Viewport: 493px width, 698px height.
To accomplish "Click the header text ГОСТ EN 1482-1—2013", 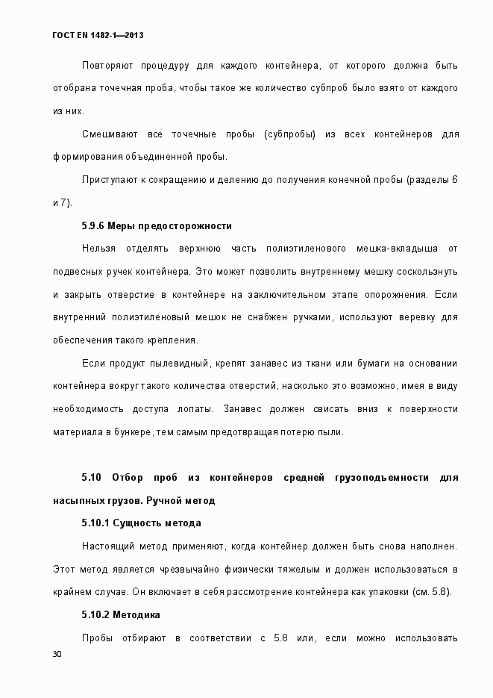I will (97, 35).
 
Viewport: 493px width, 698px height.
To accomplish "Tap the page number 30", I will (57, 655).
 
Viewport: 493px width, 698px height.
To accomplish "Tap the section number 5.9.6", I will (92, 225).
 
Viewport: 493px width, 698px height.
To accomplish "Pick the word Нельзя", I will (98, 249).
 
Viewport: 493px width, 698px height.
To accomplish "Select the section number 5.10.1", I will (95, 523).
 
